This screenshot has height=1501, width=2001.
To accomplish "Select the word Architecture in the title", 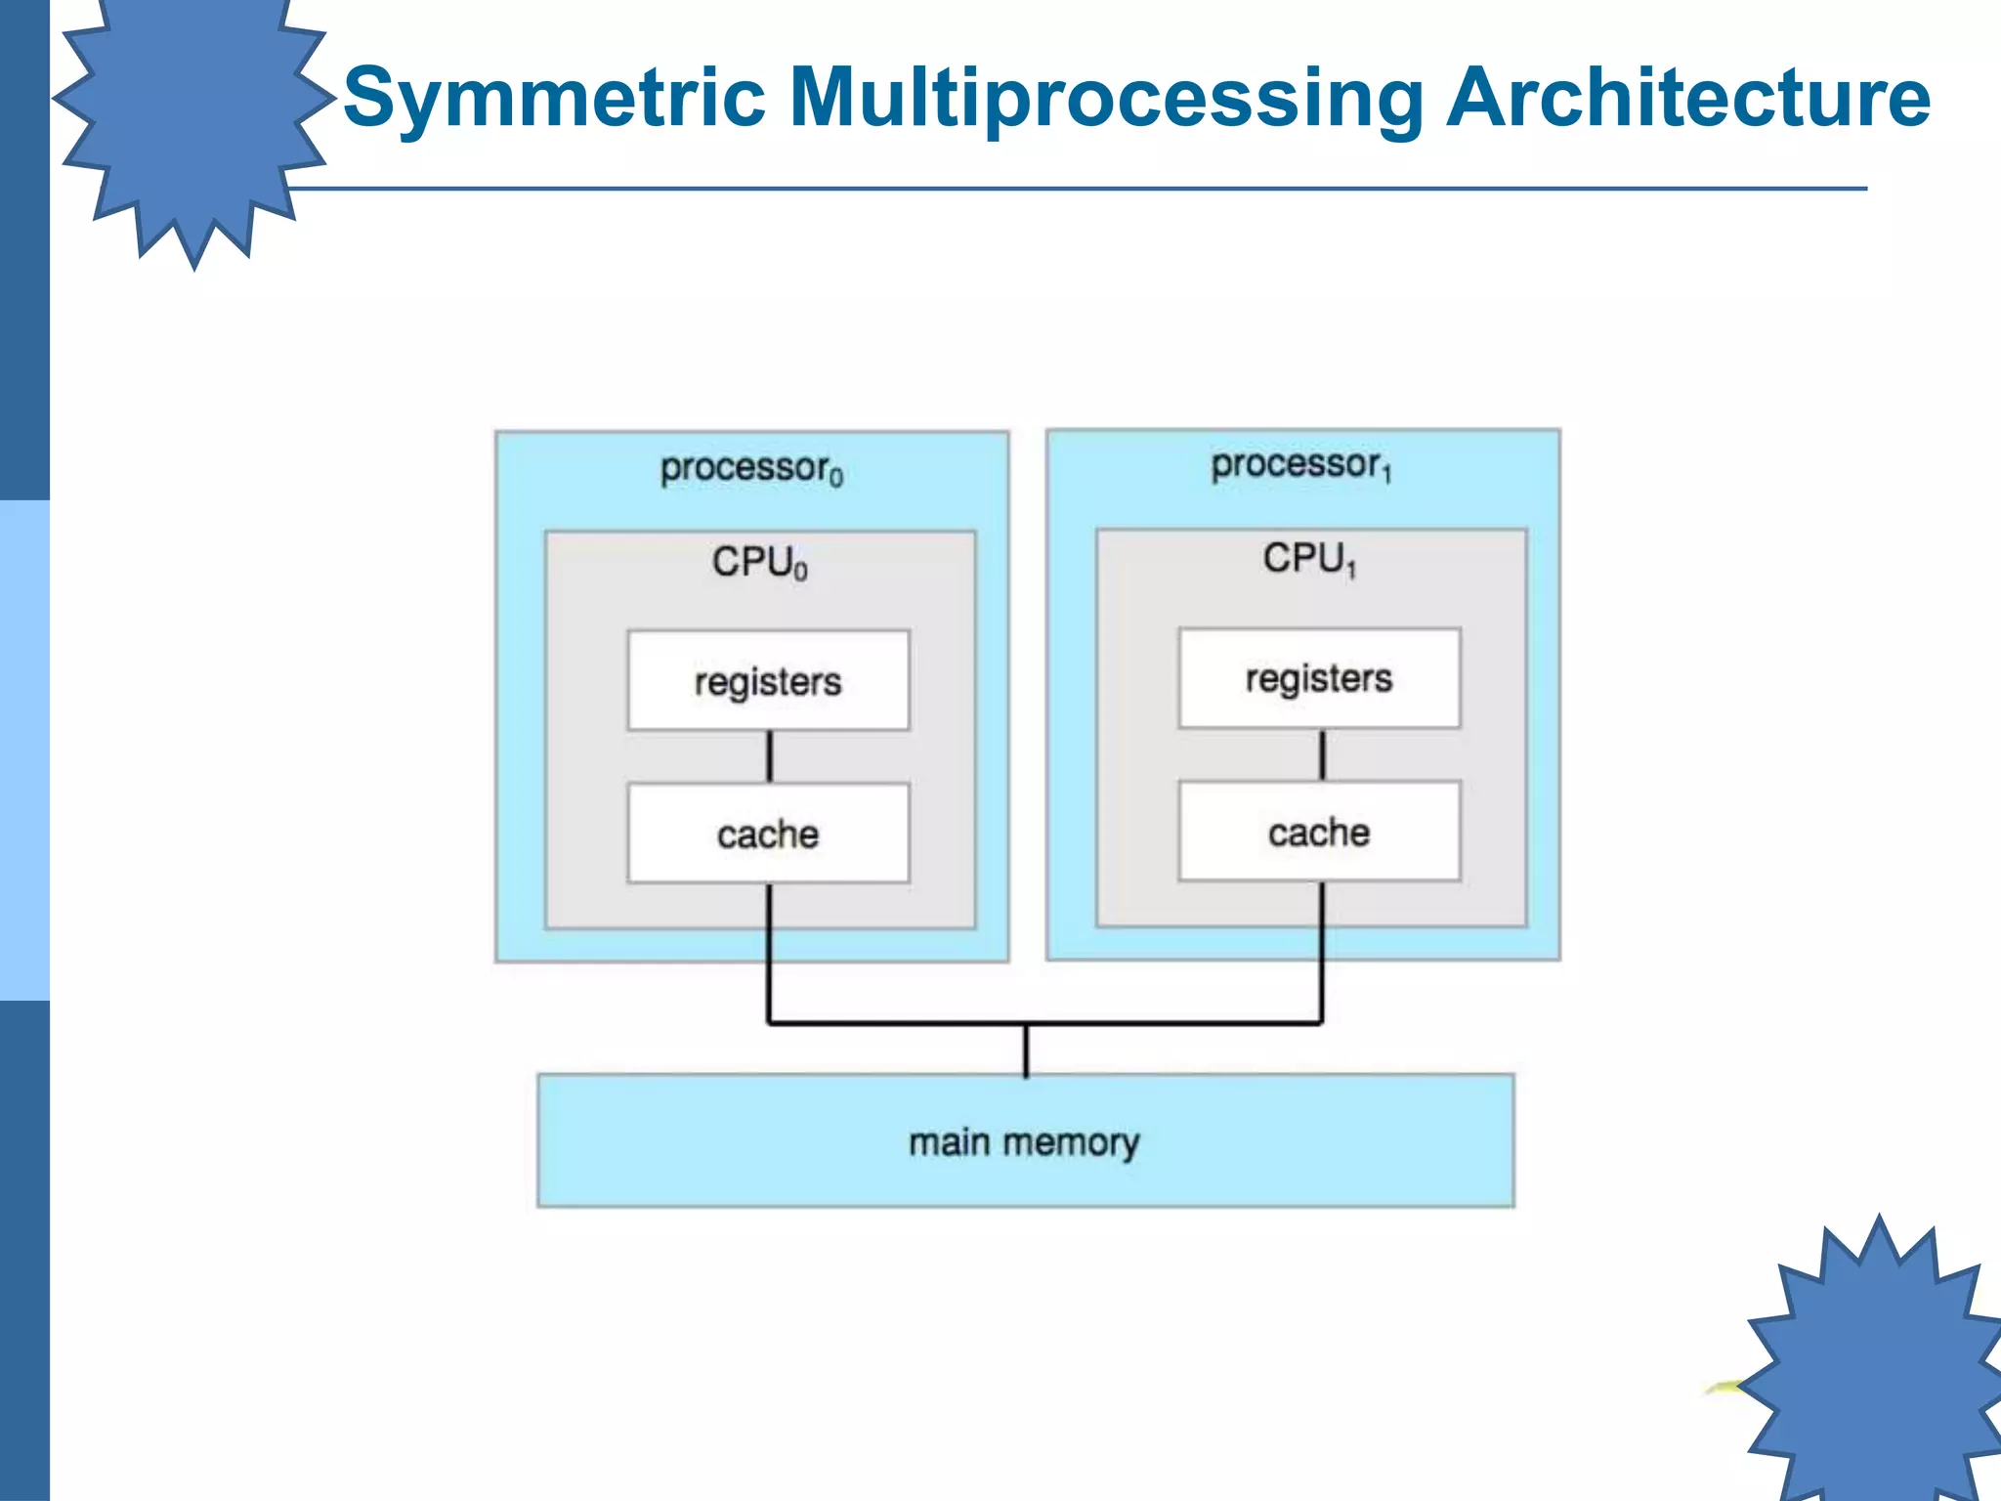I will (x=1687, y=98).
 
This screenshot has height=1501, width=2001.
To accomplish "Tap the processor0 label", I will (x=750, y=468).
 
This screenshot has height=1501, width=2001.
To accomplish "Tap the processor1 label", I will (x=1300, y=465).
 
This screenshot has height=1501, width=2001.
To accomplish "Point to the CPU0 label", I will (x=759, y=563).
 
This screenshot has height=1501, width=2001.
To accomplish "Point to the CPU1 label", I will (x=1309, y=559).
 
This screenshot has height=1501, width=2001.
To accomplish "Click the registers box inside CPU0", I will (x=768, y=681).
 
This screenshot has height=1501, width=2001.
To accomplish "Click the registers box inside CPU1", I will (x=1319, y=678).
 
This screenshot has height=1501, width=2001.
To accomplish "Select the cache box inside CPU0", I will (x=768, y=834).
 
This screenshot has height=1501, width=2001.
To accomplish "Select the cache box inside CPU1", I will (x=1319, y=832).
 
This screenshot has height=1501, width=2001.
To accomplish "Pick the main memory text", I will (x=1024, y=1141).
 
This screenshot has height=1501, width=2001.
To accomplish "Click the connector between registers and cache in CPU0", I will (x=769, y=756).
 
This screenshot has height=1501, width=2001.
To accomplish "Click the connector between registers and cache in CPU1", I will (x=1322, y=754).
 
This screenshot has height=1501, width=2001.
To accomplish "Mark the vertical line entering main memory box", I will (x=1026, y=1051).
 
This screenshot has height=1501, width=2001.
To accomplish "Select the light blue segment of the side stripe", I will (x=24, y=750).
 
